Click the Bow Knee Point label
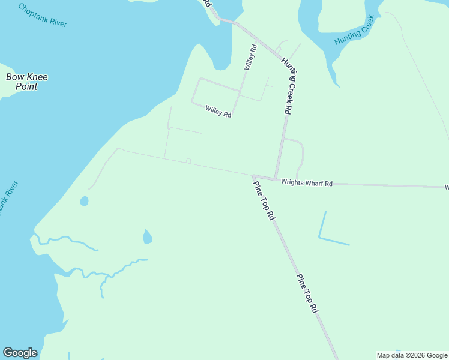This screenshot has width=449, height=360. [x=27, y=82]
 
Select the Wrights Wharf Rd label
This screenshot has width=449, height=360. [x=307, y=183]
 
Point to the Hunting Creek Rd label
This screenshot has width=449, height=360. [x=293, y=89]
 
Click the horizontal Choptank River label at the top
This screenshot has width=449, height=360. [x=43, y=15]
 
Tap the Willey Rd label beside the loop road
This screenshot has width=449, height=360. [x=218, y=111]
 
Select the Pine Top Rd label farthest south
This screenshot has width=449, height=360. [x=307, y=294]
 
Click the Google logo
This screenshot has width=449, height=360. [x=20, y=353]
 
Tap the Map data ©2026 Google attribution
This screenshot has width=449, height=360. [x=412, y=355]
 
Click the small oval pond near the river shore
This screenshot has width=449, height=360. [x=84, y=201]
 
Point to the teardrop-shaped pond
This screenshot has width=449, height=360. [x=147, y=238]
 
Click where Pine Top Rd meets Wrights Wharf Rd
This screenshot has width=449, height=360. [x=254, y=176]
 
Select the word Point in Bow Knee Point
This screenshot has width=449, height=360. [x=27, y=87]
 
